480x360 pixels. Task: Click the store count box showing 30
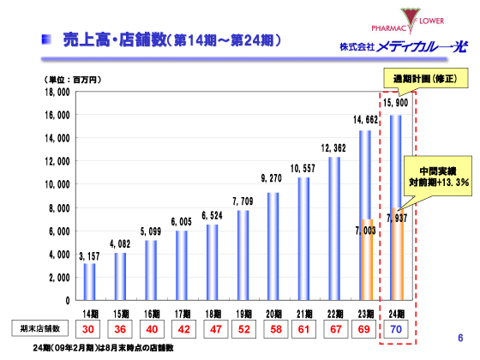(89, 329)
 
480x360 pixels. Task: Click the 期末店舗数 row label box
(39, 329)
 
